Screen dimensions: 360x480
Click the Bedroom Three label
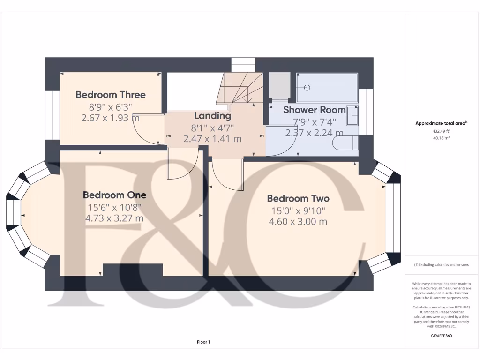(x=111, y=95)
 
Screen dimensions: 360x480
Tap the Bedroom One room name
(x=114, y=195)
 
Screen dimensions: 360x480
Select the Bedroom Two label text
(x=298, y=198)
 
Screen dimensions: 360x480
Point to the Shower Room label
(x=314, y=110)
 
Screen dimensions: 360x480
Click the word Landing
(x=212, y=116)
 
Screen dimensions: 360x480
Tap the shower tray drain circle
(x=307, y=87)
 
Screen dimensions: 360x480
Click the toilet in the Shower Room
(x=345, y=145)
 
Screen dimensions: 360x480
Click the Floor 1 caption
(x=203, y=342)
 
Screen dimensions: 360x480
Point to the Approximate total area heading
(x=441, y=123)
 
